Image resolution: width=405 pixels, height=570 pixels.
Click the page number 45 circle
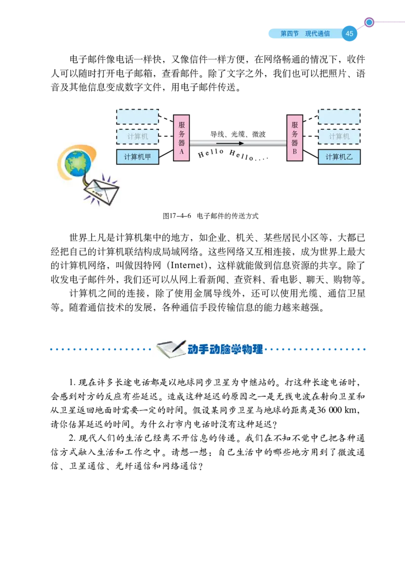click(x=349, y=34)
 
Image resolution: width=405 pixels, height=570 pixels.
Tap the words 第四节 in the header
click(x=290, y=34)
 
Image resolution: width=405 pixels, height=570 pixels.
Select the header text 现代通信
click(x=317, y=34)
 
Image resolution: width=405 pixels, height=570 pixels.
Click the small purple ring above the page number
click(x=369, y=22)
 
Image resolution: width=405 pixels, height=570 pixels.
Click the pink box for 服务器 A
click(x=181, y=137)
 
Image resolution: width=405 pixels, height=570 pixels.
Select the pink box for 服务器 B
click(x=295, y=137)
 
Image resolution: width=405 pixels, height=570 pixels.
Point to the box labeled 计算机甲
click(x=137, y=157)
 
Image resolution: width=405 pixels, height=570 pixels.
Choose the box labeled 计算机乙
click(x=339, y=157)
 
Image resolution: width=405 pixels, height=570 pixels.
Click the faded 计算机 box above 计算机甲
click(x=137, y=136)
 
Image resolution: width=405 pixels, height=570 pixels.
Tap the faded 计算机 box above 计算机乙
click(x=339, y=136)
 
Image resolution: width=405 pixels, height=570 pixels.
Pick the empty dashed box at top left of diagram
click(x=137, y=117)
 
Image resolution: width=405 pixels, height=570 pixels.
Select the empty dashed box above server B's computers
click(x=339, y=117)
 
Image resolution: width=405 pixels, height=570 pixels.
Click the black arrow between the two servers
click(x=230, y=144)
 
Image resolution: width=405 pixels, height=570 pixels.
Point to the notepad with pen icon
click(x=170, y=349)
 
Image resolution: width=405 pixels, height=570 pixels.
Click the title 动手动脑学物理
click(x=225, y=349)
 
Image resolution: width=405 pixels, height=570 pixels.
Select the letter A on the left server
click(x=181, y=152)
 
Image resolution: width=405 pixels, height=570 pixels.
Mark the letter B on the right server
click(x=295, y=152)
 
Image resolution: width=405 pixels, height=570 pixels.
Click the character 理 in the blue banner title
click(x=258, y=349)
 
